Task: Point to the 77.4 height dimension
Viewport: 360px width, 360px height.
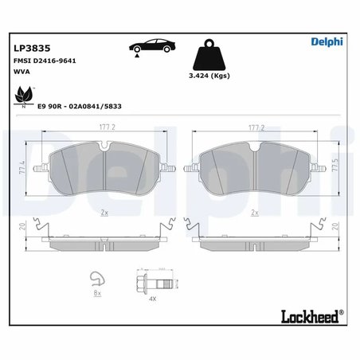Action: coord(22,170)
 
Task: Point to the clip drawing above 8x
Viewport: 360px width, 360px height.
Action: coord(97,278)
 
